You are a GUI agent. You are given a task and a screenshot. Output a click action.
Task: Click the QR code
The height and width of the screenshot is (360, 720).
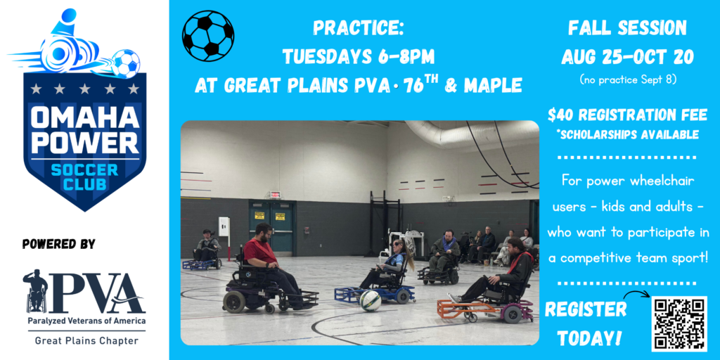click(x=680, y=323)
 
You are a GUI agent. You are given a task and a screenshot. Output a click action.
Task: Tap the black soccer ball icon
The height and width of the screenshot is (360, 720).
click(x=208, y=36)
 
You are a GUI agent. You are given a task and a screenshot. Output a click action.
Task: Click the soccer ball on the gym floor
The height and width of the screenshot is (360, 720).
click(x=370, y=301)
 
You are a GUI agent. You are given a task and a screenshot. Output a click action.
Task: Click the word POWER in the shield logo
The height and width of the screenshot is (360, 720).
click(x=85, y=143)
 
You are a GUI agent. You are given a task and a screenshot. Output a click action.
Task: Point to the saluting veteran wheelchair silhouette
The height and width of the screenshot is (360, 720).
click(x=35, y=290)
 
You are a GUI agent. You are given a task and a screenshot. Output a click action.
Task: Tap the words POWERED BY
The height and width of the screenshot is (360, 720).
click(x=59, y=244)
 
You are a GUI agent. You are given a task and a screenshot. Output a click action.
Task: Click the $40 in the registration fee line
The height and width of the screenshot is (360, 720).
click(x=559, y=116)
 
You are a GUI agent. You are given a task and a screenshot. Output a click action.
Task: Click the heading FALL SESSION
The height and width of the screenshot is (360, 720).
click(x=627, y=28)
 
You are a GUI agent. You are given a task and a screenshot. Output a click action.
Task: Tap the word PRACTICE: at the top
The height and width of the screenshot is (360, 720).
click(x=358, y=28)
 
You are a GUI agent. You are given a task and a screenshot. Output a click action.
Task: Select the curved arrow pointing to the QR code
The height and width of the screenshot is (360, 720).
click(x=636, y=294)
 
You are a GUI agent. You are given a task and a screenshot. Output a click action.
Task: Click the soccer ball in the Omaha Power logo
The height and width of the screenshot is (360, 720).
click(x=125, y=63)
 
